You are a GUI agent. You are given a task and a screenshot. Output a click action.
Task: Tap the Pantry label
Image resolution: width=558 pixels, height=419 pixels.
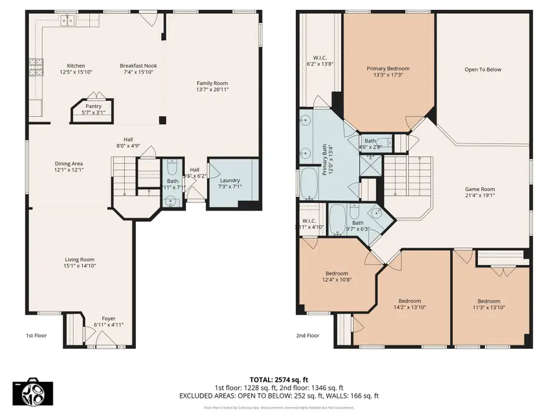click(93, 106)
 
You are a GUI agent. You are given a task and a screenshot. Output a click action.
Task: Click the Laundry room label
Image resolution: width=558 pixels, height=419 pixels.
click(229, 180)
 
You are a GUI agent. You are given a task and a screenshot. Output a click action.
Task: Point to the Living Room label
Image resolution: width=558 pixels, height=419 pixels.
click(80, 259)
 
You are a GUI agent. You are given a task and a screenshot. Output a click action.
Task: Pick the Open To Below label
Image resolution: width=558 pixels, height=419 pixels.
click(483, 70)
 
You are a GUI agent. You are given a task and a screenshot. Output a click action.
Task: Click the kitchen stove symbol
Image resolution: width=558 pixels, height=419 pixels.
click(35, 65)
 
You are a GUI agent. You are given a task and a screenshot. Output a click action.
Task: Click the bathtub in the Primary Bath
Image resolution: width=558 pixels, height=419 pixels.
click(309, 182)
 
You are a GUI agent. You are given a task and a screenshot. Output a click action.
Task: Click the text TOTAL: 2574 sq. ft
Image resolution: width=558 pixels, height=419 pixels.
click(278, 379)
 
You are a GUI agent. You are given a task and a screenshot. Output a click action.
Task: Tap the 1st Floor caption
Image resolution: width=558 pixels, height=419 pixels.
click(36, 336)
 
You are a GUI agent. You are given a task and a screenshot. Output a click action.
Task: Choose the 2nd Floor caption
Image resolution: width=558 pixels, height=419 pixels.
click(308, 336)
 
